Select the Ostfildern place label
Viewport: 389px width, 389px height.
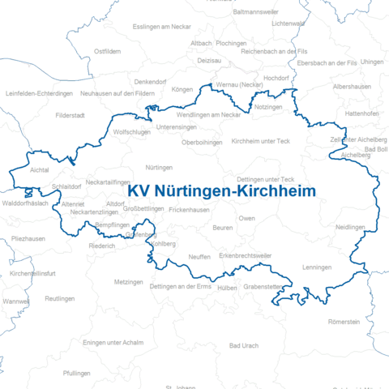pos(108,51)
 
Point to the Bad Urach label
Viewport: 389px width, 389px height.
pos(244,345)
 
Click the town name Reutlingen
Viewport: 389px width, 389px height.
pos(59,298)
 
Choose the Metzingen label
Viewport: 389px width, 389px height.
pos(129,282)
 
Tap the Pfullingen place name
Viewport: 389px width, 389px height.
pos(77,373)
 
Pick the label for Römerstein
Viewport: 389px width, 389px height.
pos(344,322)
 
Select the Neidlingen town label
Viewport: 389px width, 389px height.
pos(350,228)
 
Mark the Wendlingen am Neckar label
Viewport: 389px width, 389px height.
pos(209,115)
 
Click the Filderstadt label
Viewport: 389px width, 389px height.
pos(71,115)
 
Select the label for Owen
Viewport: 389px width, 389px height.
pos(246,219)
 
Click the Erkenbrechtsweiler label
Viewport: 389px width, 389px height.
pos(246,255)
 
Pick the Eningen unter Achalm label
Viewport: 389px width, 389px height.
pos(113,343)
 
